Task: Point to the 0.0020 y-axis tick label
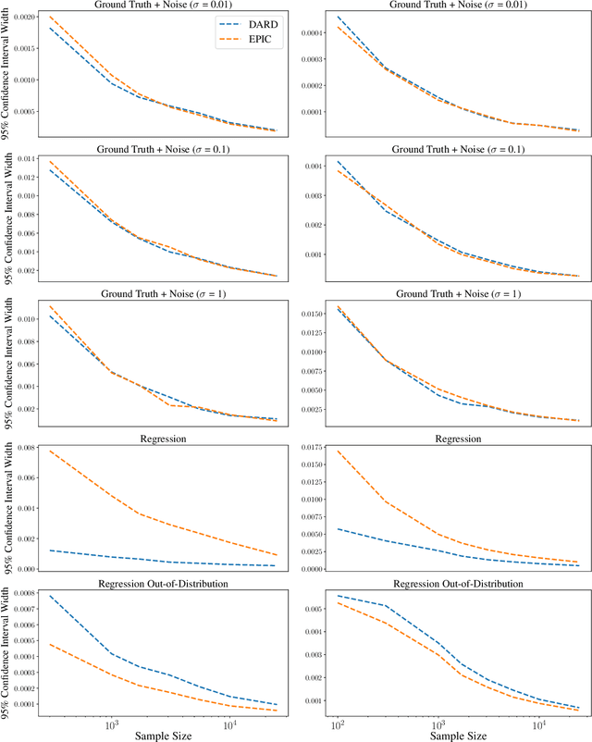click(x=24, y=18)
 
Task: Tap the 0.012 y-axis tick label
click(x=28, y=178)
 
